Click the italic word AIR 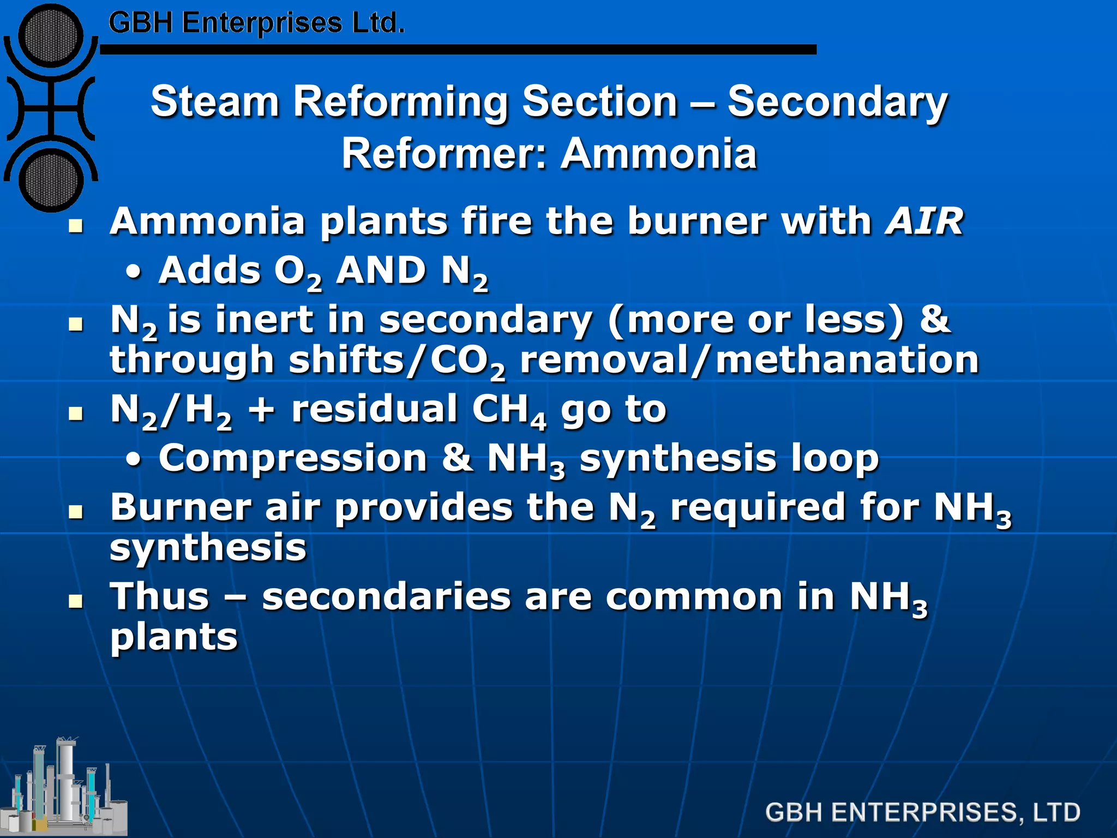[x=924, y=222]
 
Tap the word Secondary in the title [x=837, y=103]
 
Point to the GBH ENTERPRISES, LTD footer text [x=922, y=812]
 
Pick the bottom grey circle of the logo [x=51, y=179]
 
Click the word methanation [x=847, y=360]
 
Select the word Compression [x=293, y=458]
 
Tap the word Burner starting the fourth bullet [x=181, y=507]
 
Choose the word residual [x=374, y=409]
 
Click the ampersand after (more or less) [x=935, y=319]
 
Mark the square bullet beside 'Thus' [x=76, y=602]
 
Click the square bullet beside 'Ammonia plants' [x=76, y=226]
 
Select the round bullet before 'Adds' [x=134, y=273]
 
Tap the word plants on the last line [x=174, y=637]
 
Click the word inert [x=265, y=319]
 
